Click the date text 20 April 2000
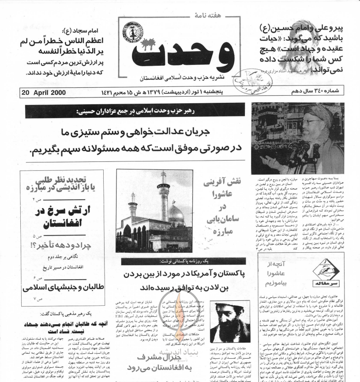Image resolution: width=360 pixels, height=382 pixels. point(43,93)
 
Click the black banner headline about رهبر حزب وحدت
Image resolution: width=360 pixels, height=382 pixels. point(135,112)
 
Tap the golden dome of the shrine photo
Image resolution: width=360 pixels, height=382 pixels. point(176,213)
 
